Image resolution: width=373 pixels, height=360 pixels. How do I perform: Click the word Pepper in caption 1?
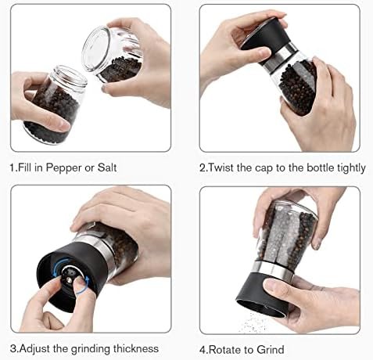click(63, 167)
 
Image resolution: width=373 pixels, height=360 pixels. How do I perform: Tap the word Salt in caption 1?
click(107, 167)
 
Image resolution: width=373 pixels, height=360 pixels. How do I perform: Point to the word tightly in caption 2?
click(351, 168)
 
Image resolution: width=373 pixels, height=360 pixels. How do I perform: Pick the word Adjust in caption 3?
click(35, 349)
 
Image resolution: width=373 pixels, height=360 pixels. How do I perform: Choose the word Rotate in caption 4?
click(226, 350)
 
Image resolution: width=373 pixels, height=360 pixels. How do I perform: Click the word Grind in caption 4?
click(271, 350)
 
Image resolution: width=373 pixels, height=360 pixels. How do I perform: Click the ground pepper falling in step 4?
click(252, 322)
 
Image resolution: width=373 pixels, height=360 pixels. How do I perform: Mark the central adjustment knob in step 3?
click(68, 276)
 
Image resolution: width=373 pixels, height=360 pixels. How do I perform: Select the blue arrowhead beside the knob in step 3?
click(88, 281)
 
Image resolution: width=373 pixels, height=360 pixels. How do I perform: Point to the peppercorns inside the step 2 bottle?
click(297, 86)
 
